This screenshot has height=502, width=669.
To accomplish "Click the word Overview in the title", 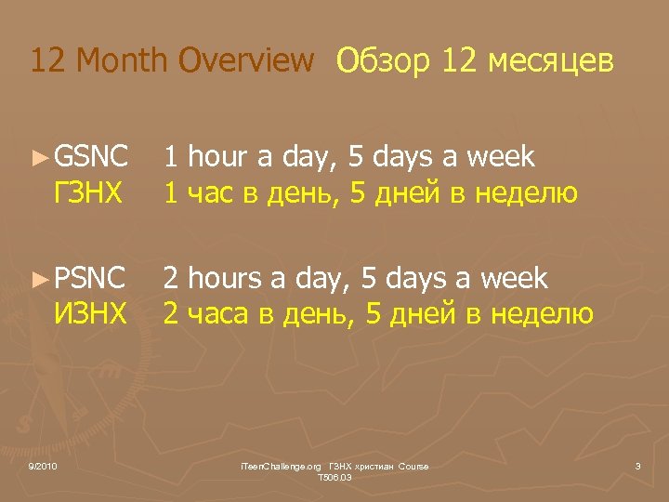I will click(x=246, y=61).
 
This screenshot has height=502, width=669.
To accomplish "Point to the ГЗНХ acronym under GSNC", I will click(x=90, y=193).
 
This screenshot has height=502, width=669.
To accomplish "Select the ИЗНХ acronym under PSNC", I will click(x=90, y=314).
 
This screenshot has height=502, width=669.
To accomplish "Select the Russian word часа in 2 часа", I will click(x=218, y=314).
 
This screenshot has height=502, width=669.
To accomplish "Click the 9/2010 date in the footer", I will click(x=43, y=466).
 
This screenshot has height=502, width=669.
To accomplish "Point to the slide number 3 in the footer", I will click(x=638, y=466).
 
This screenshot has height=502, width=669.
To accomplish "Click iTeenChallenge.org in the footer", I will click(x=281, y=466).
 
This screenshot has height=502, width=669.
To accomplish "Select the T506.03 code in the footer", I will click(x=334, y=477).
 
